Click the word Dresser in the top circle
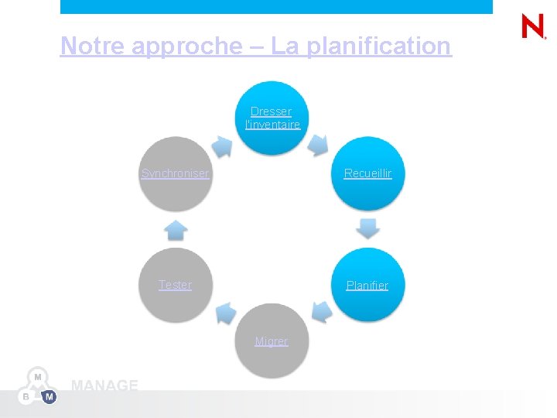(271, 111)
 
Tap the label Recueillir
(367, 173)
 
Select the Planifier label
(367, 286)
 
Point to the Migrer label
(272, 341)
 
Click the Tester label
(175, 285)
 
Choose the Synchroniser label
(175, 173)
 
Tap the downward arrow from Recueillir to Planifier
(368, 228)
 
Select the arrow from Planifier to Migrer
(322, 312)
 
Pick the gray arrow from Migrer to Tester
(225, 313)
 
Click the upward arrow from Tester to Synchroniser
(176, 230)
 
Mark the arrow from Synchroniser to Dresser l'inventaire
(222, 146)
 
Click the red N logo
(533, 27)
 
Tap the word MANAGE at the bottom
(104, 385)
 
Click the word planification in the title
(378, 46)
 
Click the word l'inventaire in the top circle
(272, 125)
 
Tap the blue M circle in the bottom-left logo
(49, 397)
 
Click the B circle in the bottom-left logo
(26, 397)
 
